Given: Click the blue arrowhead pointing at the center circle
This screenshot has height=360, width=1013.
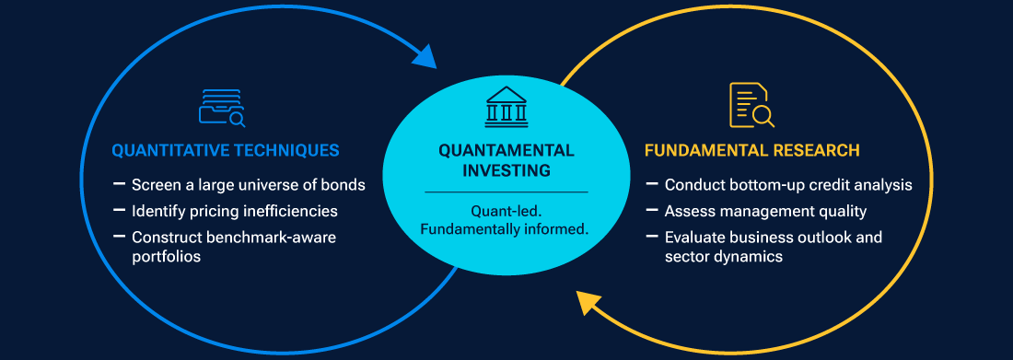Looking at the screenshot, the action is coord(424,56).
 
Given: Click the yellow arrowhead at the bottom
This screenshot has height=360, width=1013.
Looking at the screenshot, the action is coord(589,303).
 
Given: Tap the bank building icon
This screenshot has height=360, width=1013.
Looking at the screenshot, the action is coord(506,107).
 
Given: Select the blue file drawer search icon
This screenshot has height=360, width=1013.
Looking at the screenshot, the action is coord(222,108).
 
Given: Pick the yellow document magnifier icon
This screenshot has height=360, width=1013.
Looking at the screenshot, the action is coord(751,105).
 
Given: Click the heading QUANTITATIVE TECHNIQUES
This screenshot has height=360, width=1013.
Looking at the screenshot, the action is coord(226,151).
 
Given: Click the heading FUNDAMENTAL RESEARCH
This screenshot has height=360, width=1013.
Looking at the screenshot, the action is coord(752,151).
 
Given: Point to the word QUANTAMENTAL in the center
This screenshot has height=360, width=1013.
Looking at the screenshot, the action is coord(506,151).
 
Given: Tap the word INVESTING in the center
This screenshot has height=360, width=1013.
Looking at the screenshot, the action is coord(506,171).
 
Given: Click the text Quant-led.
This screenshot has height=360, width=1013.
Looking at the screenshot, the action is coord(506,212).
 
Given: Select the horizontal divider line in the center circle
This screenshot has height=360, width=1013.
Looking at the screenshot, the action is coord(506,192).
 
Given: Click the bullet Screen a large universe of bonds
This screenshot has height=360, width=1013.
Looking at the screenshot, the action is coord(249,185).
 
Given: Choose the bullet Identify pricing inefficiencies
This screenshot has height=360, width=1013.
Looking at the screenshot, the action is coord(235,212).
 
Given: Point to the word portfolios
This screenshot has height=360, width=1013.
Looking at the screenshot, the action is coord(166,257).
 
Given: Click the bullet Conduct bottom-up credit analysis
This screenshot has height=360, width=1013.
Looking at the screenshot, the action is coord(788,185).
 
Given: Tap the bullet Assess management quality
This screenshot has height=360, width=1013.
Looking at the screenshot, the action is coord(765,212).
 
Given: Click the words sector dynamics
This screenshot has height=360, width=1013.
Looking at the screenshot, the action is coord(724,257).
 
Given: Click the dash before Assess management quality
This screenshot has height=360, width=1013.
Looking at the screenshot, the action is coord(652,210).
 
